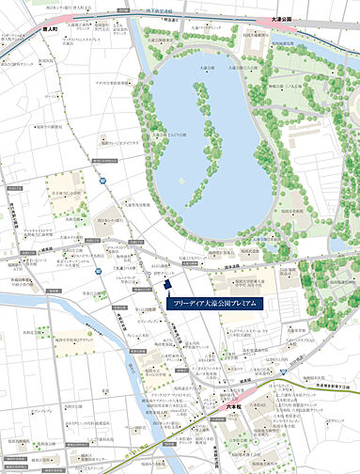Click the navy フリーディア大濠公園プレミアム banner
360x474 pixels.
tap(219, 305)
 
